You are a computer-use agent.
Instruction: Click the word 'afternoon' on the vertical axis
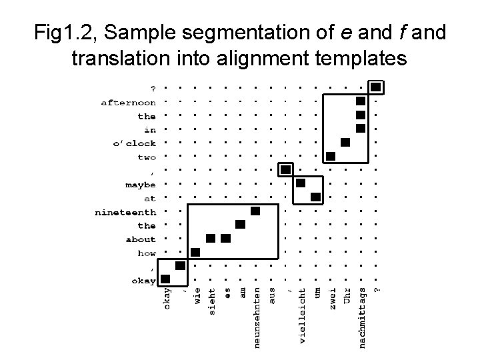(x=129, y=103)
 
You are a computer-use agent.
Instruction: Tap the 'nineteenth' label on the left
(x=125, y=212)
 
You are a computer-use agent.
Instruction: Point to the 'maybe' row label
(x=140, y=185)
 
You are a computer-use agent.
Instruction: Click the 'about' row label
(x=140, y=239)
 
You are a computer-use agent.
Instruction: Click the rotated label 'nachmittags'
(x=361, y=317)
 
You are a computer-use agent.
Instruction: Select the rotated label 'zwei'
(x=331, y=298)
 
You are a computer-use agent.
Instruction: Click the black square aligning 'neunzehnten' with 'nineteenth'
(x=255, y=211)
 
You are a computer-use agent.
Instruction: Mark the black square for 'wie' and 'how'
(x=195, y=252)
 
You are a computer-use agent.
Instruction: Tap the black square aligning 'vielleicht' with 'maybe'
(x=301, y=183)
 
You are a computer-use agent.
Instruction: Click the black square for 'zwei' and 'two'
(x=331, y=156)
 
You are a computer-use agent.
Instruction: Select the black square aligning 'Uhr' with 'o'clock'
(x=345, y=142)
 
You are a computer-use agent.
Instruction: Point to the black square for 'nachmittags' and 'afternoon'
(x=361, y=101)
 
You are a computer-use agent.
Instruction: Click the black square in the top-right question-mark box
(x=376, y=87)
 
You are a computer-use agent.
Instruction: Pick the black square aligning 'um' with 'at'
(x=316, y=197)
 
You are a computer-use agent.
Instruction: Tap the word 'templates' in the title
(x=353, y=59)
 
